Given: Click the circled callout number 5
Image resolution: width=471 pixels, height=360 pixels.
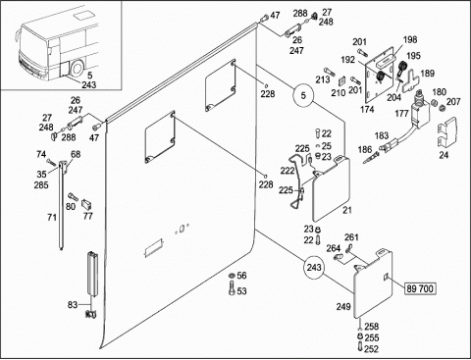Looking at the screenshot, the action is point(303,96).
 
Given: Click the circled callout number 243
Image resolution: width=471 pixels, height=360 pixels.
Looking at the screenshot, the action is point(314,268).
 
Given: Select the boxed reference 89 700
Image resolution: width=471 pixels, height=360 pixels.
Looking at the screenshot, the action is point(420,288).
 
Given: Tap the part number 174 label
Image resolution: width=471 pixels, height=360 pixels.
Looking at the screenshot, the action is point(367,109).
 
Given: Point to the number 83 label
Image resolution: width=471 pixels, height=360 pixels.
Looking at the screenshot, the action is point(73,305).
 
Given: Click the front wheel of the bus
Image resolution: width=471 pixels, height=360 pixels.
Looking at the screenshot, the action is point(78,69).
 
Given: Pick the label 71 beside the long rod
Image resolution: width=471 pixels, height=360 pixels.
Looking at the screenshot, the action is point(52,217).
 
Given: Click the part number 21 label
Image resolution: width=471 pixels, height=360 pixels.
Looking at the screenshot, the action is point(347,210).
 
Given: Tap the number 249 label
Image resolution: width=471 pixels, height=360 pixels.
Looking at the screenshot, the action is point(343,306).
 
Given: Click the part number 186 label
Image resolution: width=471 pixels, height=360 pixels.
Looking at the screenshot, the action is point(365,150).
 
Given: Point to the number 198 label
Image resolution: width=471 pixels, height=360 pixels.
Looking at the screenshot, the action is point(410,39).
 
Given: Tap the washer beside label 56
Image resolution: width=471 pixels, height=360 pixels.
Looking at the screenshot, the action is point(232,276).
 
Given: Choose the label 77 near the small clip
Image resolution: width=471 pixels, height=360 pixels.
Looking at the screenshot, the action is point(88,216).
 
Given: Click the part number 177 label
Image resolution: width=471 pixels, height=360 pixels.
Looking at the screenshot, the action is point(401,114).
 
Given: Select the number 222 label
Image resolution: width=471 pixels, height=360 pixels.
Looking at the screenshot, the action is point(288,171).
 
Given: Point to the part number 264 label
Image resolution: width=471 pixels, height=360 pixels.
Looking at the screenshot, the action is point(334,248).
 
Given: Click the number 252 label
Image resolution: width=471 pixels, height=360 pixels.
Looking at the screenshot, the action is point(371,349).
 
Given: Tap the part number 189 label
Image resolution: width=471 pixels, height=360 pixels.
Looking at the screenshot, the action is point(428,74).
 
